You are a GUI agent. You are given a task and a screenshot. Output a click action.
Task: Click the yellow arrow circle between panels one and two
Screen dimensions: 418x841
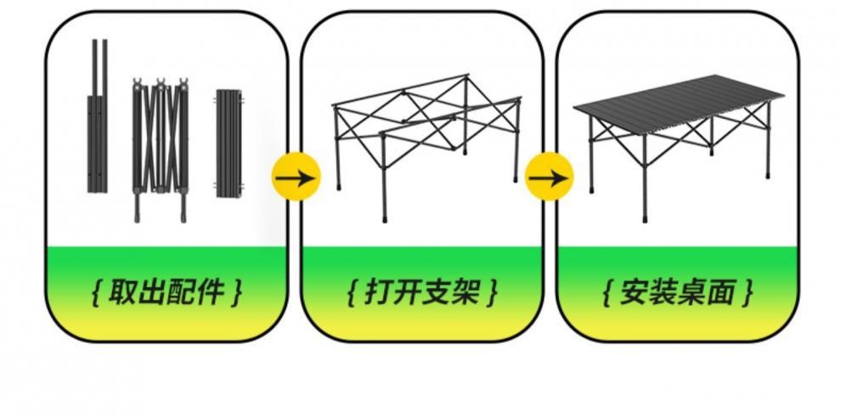(x=296, y=178)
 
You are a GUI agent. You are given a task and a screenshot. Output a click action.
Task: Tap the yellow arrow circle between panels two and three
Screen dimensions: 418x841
(x=549, y=178)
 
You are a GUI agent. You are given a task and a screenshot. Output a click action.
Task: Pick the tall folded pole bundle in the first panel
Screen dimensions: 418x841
(x=98, y=119)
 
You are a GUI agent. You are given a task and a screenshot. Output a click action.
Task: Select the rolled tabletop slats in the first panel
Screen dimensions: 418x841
(x=228, y=143)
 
